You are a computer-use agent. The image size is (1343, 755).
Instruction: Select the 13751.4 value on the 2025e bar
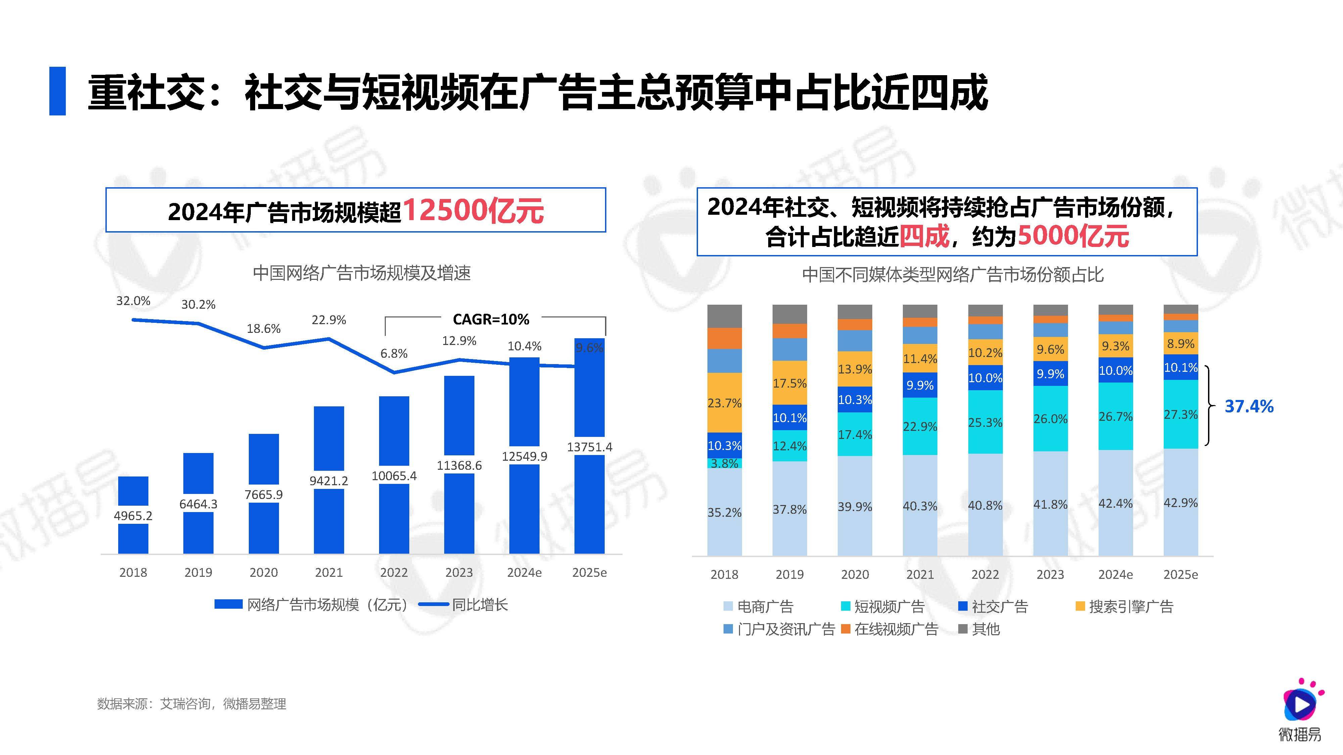tap(590, 447)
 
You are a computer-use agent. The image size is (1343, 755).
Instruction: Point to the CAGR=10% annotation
tap(491, 319)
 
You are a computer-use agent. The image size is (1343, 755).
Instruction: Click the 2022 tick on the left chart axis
tap(393, 573)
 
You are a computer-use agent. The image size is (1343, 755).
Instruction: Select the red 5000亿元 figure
tap(1073, 236)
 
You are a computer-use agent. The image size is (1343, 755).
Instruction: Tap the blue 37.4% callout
tap(1249, 406)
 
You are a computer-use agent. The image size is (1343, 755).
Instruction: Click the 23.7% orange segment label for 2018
tap(724, 403)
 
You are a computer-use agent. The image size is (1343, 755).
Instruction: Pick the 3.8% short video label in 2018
tap(724, 463)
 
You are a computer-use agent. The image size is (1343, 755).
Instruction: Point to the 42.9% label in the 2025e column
tap(1180, 503)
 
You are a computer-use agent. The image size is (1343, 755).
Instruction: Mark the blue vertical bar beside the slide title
tap(57, 91)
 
